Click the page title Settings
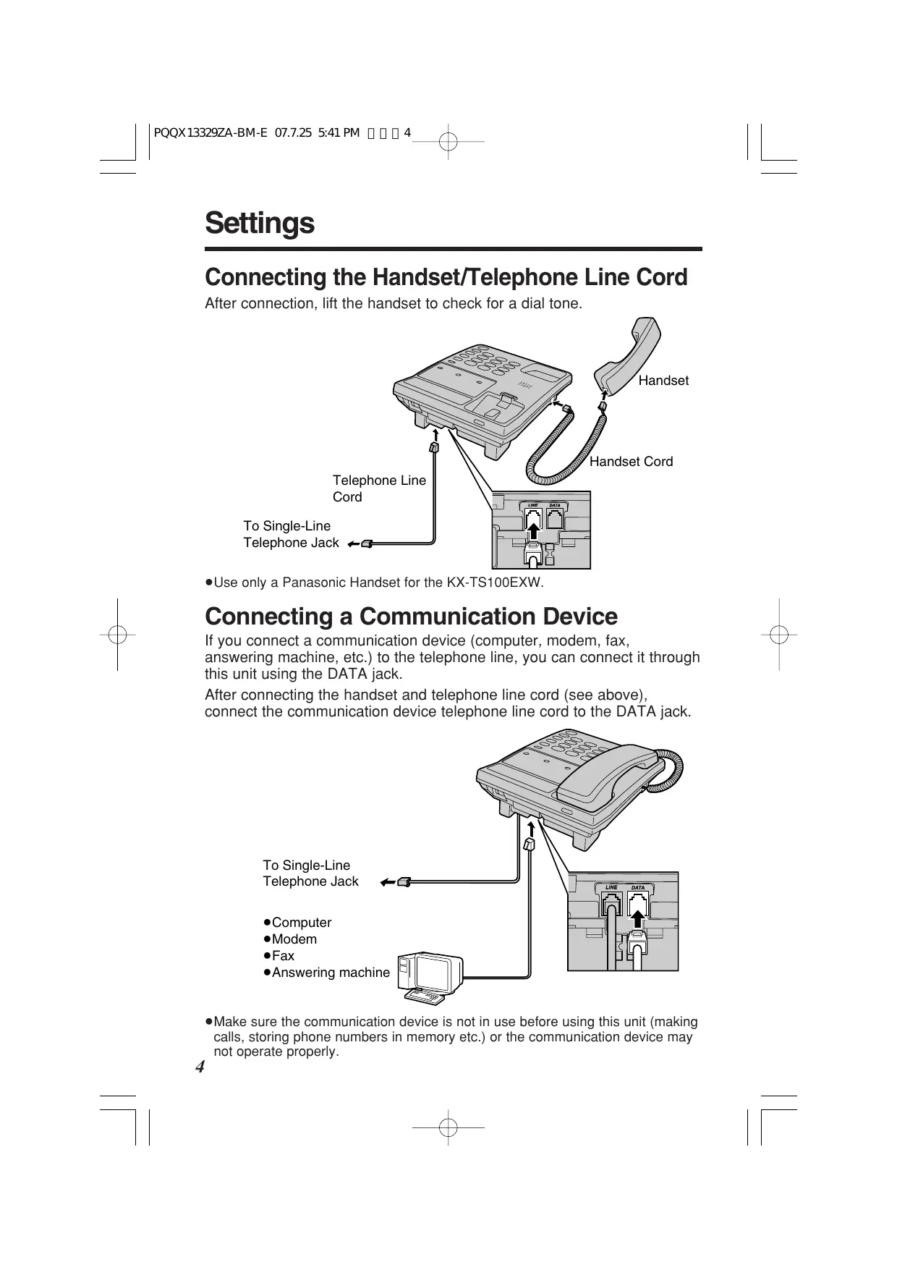point(260,223)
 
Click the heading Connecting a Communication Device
point(411,617)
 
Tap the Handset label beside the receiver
point(663,381)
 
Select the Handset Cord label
point(631,462)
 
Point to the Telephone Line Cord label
point(378,488)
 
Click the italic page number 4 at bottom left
point(200,1067)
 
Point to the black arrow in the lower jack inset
point(637,918)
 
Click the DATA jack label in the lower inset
point(638,887)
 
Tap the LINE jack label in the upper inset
point(533,505)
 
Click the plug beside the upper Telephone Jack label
point(366,543)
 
